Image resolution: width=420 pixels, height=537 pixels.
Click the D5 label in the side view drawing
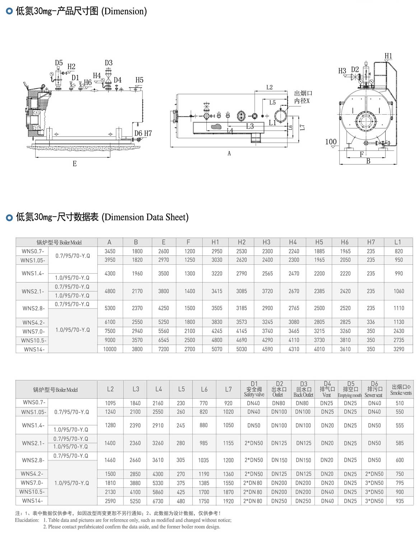click(59, 63)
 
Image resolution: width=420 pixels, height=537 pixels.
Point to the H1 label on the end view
click(388, 56)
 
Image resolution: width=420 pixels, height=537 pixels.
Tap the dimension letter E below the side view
click(75, 164)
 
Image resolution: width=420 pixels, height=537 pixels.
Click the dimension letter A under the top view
click(229, 153)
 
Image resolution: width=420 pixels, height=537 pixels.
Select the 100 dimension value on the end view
click(331, 142)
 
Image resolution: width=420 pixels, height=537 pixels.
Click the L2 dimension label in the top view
click(269, 87)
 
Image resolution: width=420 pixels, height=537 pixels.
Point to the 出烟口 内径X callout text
click(302, 97)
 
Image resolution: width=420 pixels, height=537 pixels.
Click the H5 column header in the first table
click(319, 242)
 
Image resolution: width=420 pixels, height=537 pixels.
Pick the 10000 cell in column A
click(110, 349)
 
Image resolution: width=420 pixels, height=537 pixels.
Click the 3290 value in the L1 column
click(399, 349)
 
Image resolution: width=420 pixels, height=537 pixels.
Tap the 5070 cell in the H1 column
click(217, 349)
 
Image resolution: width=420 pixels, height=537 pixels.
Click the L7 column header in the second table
click(228, 389)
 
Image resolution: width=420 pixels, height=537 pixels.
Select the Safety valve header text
click(254, 394)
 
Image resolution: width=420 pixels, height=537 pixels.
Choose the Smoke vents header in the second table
click(401, 393)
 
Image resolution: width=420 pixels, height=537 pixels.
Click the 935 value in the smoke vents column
click(400, 501)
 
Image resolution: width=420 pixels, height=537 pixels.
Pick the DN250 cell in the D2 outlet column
click(279, 501)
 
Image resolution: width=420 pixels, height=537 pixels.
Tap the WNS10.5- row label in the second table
click(32, 492)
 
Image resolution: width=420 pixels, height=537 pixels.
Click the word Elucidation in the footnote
click(27, 520)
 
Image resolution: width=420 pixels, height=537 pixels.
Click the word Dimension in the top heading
click(124, 11)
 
